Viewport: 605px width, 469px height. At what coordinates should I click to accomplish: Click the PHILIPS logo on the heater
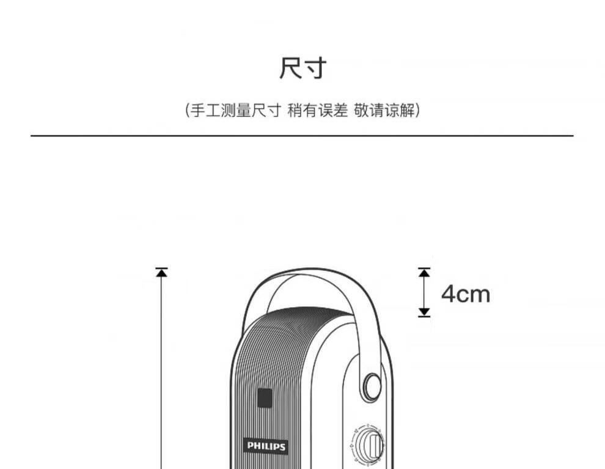coord(266,446)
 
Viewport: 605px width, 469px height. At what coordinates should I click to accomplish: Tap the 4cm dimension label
coord(466,294)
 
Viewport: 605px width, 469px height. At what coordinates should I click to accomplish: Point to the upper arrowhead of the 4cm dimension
coord(424,272)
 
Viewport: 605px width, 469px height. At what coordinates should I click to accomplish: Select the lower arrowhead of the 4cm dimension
coord(424,312)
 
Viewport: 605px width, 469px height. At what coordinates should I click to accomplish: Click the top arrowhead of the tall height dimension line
coord(161,273)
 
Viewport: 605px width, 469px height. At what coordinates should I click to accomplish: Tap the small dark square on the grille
coord(264,399)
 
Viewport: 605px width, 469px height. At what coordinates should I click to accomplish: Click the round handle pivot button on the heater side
coord(371,386)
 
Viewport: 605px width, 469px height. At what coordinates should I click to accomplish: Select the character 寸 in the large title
coord(315,68)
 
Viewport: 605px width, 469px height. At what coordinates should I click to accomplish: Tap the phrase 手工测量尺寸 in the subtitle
coord(236,111)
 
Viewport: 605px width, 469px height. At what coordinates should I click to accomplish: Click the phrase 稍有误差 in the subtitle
coord(317,111)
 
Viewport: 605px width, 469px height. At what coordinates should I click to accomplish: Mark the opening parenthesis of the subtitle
coord(188,111)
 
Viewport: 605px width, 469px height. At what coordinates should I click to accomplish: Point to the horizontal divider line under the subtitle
coord(302,136)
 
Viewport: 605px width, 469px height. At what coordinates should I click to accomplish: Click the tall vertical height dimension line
coord(161,373)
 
